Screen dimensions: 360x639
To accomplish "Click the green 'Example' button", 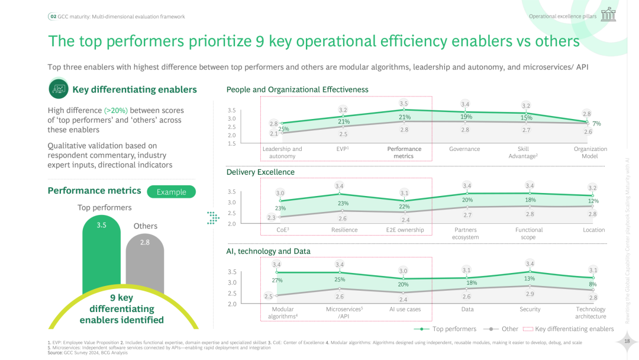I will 171,192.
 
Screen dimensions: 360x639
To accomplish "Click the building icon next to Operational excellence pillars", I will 608,15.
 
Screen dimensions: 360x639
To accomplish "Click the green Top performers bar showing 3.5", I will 101,255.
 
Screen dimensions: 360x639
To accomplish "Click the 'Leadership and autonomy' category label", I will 282,153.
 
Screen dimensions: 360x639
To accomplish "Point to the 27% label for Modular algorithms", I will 277,280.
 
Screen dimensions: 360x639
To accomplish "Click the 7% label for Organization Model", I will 596,124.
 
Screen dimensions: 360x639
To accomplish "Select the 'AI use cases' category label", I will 405,309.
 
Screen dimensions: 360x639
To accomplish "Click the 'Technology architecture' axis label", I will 590,313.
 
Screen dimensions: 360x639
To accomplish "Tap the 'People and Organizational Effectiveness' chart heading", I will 297,89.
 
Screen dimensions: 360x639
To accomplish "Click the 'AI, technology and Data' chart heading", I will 268,251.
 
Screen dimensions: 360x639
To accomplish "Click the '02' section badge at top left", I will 53,17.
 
